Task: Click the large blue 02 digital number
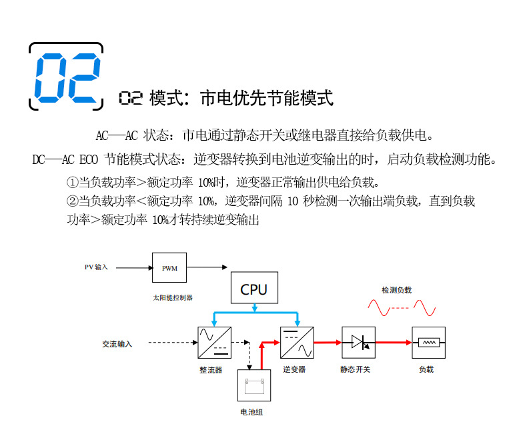click(67, 76)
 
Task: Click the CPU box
click(253, 288)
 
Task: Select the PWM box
click(169, 268)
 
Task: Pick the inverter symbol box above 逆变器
click(296, 343)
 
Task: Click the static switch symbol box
click(358, 343)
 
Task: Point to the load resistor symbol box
click(428, 343)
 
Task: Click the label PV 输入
click(96, 267)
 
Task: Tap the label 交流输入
click(117, 344)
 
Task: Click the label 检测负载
click(396, 290)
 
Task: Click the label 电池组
click(251, 412)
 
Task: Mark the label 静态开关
click(355, 369)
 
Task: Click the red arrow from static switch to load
click(393, 343)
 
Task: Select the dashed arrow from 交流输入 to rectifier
click(171, 343)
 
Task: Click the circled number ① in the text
click(72, 182)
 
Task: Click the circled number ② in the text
click(72, 201)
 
